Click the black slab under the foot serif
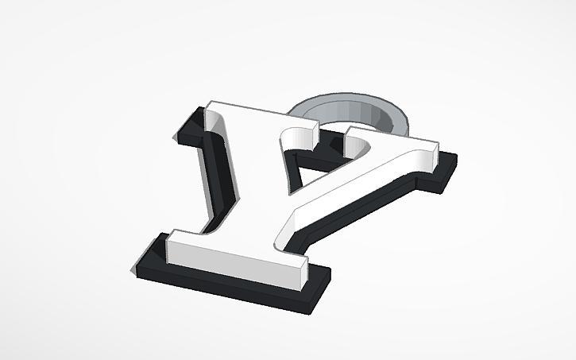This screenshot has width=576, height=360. pyautogui.click(x=238, y=289)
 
